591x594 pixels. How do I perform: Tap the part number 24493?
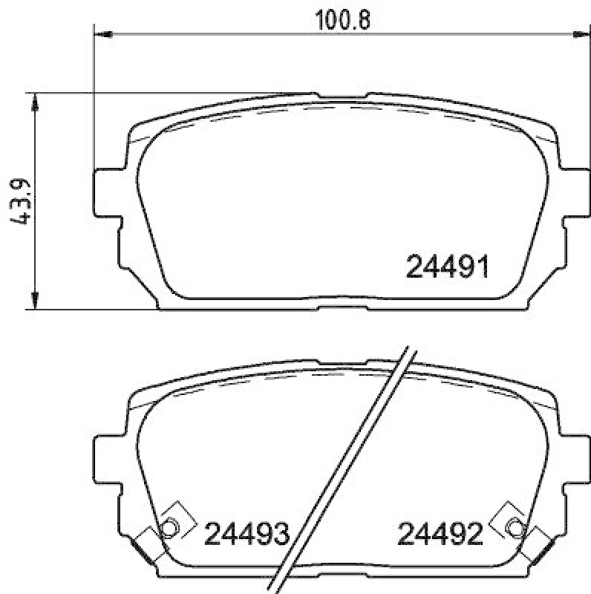246,532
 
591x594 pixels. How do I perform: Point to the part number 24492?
441,532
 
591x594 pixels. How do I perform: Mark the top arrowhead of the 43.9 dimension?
33,99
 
